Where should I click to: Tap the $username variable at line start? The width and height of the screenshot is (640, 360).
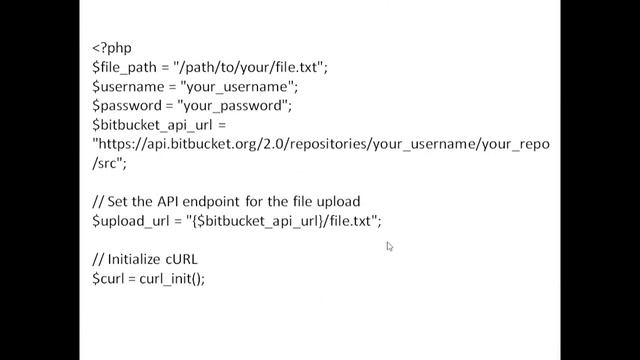(126, 86)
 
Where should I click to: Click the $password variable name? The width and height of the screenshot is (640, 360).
(126, 105)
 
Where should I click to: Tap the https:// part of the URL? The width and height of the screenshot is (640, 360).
(120, 144)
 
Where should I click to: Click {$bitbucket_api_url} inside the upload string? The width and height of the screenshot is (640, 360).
(260, 220)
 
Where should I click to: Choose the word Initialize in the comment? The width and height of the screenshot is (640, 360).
(138, 259)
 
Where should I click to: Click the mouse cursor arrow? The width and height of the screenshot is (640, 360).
(389, 246)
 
